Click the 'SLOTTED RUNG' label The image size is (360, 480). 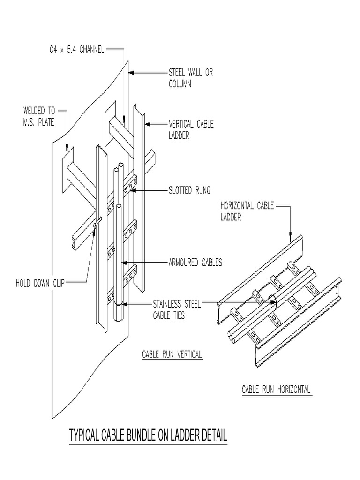tap(189, 190)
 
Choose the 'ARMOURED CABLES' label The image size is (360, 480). tap(195, 262)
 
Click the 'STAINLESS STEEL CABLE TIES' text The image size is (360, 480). tap(177, 310)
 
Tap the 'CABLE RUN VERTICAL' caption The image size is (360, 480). tap(172, 354)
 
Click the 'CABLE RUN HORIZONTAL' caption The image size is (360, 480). tap(276, 389)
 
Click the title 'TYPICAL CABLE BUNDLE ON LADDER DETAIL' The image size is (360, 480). tap(148, 435)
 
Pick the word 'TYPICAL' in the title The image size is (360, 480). tap(85, 435)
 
